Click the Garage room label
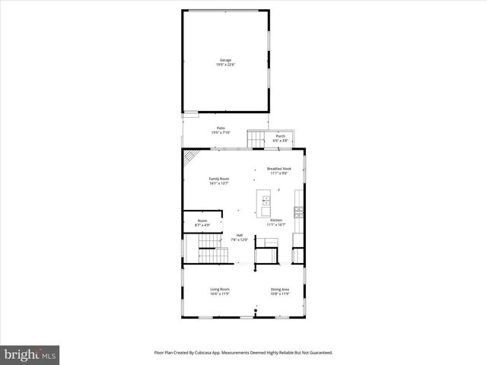coord(225,60)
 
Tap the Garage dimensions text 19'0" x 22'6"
coord(225,65)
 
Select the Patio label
coord(221,128)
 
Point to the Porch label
coord(281,136)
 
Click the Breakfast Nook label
coord(279,168)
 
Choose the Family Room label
coord(219,179)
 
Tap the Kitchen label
coord(275,221)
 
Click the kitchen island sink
coord(266,202)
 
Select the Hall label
coord(240,235)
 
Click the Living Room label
coord(220,289)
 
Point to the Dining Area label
coord(280,289)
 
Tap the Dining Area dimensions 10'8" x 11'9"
coord(280,294)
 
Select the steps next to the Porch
coord(255,138)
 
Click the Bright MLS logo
coord(30,355)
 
